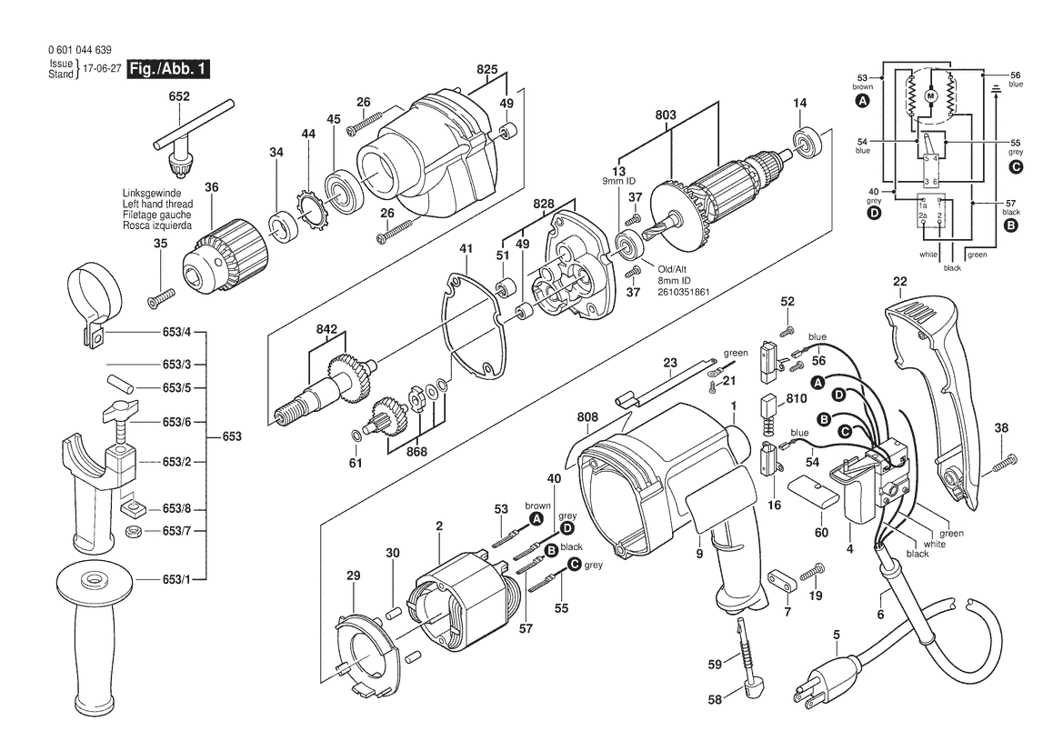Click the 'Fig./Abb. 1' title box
[168, 68]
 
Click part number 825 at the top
[486, 69]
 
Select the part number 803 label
[666, 115]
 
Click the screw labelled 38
[1005, 464]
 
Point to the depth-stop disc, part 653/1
[91, 580]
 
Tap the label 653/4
[177, 332]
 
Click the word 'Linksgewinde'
[152, 193]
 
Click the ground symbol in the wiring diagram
[996, 89]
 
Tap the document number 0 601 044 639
[80, 50]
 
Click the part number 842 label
[326, 329]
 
